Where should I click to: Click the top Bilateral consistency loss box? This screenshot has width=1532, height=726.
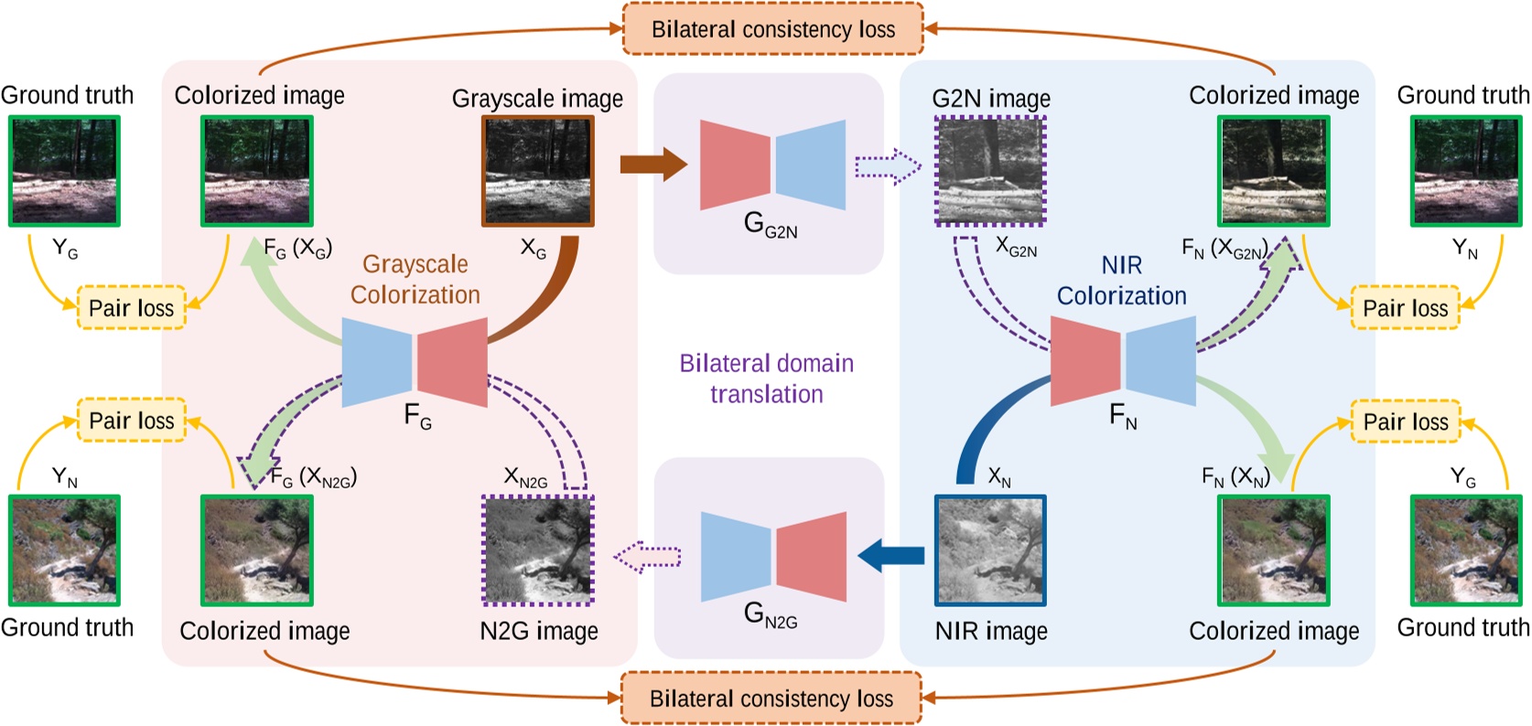[x=772, y=29]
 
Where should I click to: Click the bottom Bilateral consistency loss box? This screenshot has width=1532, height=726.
[x=771, y=699]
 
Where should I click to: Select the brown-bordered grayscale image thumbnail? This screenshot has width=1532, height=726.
[x=537, y=171]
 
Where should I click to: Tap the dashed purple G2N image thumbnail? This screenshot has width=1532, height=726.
[x=989, y=171]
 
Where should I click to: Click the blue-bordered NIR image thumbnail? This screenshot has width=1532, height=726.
[x=989, y=550]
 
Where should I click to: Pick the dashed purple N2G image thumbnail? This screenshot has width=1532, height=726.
[x=537, y=550]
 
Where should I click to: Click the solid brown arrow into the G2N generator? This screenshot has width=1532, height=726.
[x=653, y=165]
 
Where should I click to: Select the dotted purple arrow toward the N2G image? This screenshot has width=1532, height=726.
[x=648, y=556]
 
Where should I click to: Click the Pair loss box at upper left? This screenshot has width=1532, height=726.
[x=131, y=308]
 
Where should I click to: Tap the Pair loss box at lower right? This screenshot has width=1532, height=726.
[x=1405, y=422]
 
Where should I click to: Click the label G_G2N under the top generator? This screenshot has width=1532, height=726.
[x=771, y=225]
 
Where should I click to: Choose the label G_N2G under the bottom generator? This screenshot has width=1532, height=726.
[x=771, y=614]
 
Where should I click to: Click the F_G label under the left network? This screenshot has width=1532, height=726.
[x=417, y=417]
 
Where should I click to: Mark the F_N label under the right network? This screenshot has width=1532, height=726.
[x=1123, y=417]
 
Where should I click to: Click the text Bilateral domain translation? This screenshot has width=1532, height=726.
[x=766, y=379]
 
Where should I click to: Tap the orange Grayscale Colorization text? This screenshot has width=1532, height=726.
[x=415, y=279]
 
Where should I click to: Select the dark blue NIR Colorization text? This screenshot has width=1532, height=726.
[x=1121, y=281]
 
